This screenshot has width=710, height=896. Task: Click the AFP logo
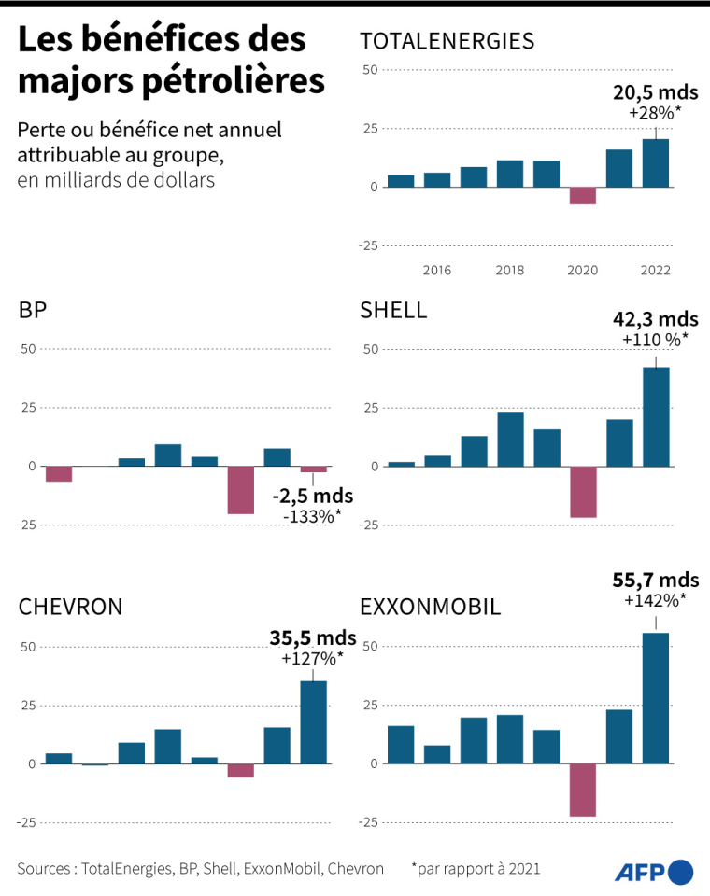point(654,871)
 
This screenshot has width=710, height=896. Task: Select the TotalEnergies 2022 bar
point(656,163)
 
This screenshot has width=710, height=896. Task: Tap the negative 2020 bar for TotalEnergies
point(583,195)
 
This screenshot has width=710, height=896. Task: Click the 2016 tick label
point(437,270)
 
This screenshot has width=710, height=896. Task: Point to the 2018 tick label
point(510,270)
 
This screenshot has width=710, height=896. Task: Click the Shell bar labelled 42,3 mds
point(656,416)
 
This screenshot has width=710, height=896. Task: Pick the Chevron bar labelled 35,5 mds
point(314,722)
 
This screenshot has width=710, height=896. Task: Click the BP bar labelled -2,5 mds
point(314,469)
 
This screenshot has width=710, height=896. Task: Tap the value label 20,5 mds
point(656,92)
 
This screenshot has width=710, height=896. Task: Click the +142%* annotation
point(656,599)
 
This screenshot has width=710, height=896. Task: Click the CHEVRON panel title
point(71,608)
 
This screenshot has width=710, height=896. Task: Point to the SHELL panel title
point(393,311)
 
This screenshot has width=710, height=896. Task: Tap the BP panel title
point(33,311)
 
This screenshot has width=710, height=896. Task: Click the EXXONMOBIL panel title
point(431,608)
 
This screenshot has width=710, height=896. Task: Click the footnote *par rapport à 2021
point(476,869)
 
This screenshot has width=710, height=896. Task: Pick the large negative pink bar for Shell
point(583,492)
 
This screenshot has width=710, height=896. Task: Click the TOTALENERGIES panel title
point(447,40)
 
